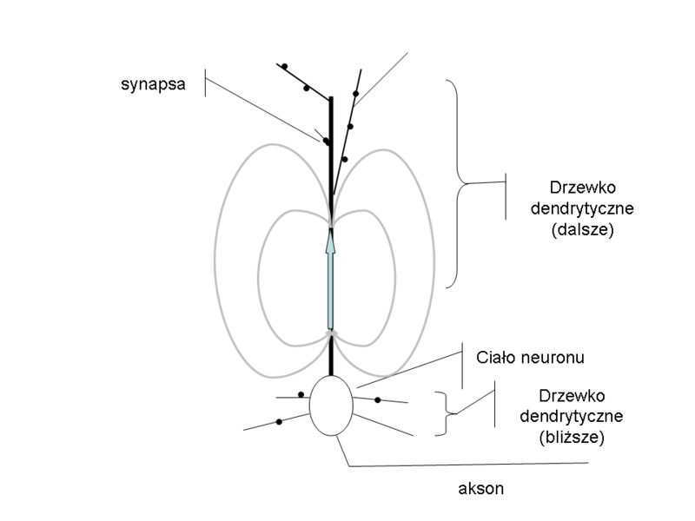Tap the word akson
[x=480, y=488]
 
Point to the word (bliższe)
[x=571, y=437]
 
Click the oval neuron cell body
[x=331, y=404]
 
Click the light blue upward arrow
[x=330, y=282]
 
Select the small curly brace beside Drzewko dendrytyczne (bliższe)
[x=445, y=412]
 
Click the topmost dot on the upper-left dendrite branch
[x=284, y=66]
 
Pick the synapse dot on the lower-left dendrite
[x=279, y=421]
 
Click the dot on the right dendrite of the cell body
[x=378, y=399]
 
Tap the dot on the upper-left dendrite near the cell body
[x=301, y=394]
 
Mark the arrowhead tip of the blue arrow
[x=330, y=230]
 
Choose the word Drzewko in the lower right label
[x=571, y=395]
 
